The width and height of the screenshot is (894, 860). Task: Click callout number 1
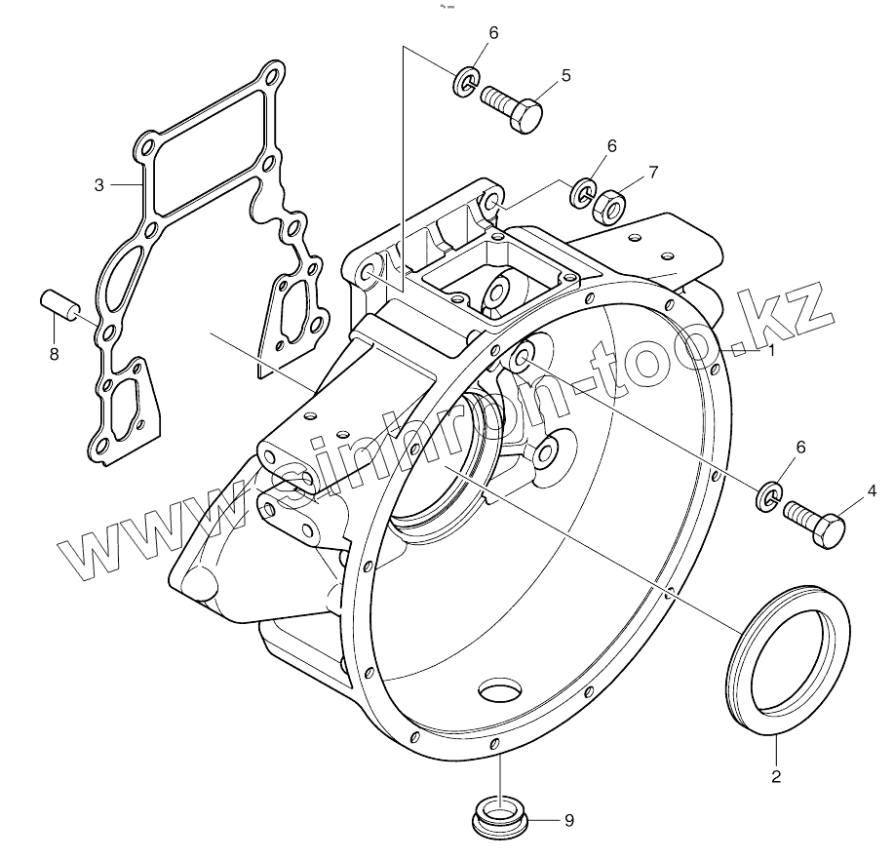pos(771,350)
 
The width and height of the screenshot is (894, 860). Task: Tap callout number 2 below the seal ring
pos(776,777)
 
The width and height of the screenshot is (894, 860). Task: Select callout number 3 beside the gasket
pos(99,184)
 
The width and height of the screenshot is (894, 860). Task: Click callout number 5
pos(565,74)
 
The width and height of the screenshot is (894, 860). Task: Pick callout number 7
pos(653,172)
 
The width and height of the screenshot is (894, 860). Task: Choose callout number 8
pos(54,354)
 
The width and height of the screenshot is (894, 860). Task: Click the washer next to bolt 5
pos(466,82)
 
